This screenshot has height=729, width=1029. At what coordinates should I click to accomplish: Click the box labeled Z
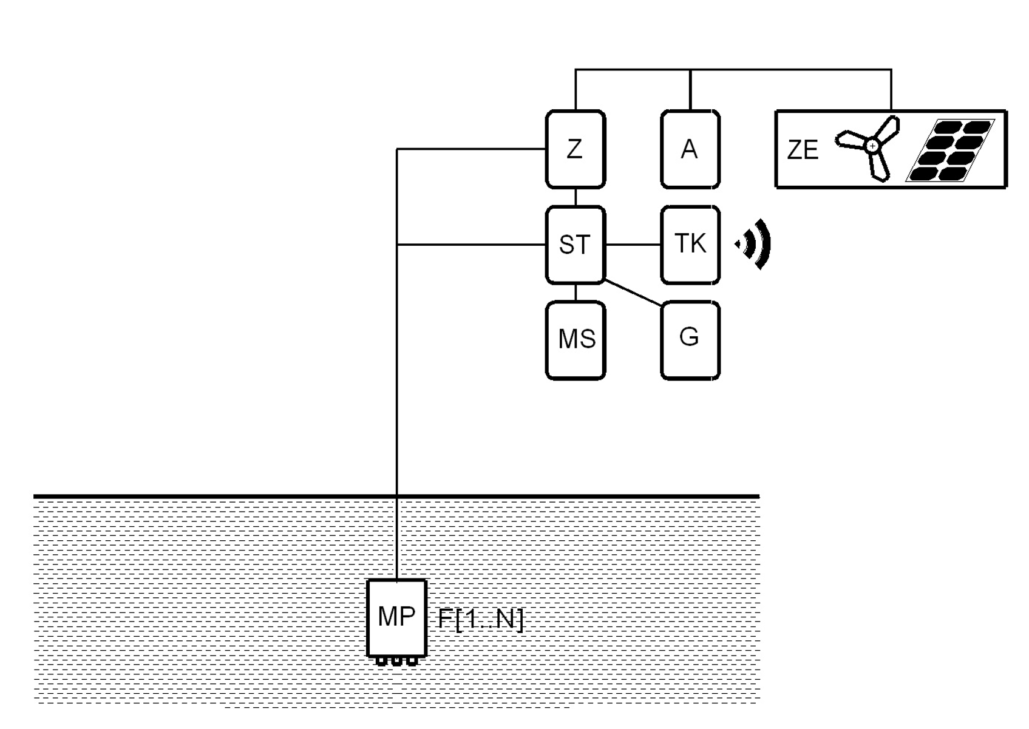pos(575,149)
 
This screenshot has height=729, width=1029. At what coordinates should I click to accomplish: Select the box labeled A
pos(690,149)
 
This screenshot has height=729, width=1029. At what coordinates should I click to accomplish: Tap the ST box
pos(575,245)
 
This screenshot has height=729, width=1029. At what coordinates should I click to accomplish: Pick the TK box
pos(690,245)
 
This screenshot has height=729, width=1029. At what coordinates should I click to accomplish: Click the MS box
pos(575,340)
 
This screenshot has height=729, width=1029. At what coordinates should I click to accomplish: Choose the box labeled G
pos(690,340)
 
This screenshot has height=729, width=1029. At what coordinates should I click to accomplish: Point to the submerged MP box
pos(396,617)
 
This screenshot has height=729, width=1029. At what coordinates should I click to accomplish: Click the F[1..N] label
pos(480,619)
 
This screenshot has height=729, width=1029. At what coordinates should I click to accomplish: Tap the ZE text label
pos(802,150)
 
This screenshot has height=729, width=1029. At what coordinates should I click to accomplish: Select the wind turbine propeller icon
pos(868,147)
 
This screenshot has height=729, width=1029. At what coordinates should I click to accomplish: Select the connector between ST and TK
pos(633,245)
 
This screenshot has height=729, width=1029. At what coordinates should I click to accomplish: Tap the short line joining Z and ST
pos(576,197)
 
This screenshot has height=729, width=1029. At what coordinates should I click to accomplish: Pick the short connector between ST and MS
pos(576,293)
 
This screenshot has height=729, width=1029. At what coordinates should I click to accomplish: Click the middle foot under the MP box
pos(396,661)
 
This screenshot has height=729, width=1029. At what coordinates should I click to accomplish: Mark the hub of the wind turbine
pos(872,146)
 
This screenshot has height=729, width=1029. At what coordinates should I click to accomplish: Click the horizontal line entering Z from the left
pos(470,149)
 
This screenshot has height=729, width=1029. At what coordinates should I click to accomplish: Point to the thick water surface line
pos(243,497)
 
